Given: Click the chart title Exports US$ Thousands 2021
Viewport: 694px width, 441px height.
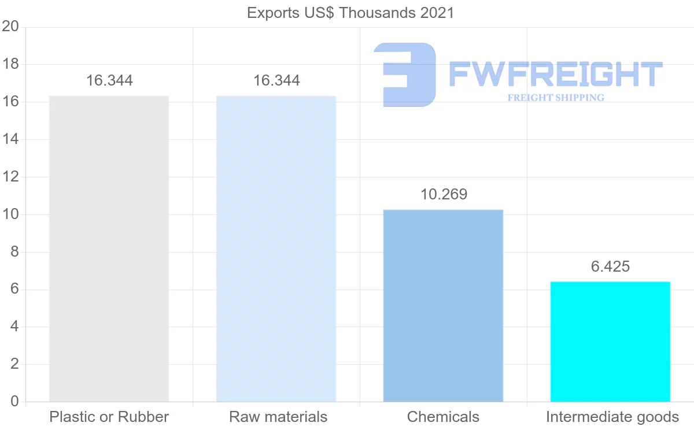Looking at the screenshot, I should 350,13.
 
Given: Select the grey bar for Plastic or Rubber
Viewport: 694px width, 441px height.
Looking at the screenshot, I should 109,249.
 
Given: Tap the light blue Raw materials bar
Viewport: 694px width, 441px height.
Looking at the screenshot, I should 276,249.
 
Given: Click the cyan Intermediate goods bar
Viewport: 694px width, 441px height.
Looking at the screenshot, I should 610,341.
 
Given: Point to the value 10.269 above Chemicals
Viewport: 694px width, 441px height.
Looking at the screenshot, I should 444,195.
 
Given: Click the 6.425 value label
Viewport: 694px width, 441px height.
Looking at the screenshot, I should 610,266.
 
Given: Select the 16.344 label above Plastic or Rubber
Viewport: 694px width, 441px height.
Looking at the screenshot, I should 109,81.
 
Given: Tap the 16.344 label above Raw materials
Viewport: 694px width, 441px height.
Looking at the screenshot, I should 276,81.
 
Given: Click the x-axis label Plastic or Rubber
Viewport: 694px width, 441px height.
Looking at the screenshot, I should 109,417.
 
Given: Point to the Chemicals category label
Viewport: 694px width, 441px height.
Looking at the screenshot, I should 443,417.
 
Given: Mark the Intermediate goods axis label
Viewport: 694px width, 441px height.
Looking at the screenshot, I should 612,417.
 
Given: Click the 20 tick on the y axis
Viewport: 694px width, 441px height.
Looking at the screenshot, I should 11,27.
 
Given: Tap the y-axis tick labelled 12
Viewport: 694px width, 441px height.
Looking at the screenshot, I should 11,177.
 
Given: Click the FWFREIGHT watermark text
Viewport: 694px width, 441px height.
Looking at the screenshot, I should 555,75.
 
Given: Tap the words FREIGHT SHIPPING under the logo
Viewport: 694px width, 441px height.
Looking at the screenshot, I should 556,98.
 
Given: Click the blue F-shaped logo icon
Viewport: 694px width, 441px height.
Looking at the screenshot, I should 405,75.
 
